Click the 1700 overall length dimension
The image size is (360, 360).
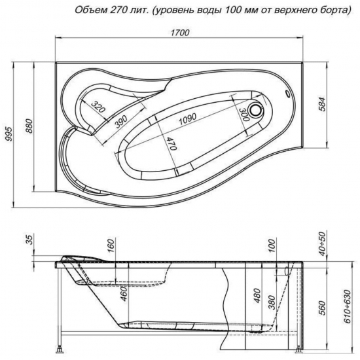[x=180, y=33]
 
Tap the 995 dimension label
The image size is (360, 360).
[x=10, y=135]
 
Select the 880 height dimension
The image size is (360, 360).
[x=30, y=126]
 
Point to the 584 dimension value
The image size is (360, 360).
[x=323, y=104]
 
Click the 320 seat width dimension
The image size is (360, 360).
[x=98, y=107]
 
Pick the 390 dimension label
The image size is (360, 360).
[x=121, y=122]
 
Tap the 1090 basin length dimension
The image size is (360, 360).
[x=188, y=119]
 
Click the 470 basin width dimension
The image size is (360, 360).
[x=171, y=144]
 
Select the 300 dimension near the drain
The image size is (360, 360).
[x=244, y=115]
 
